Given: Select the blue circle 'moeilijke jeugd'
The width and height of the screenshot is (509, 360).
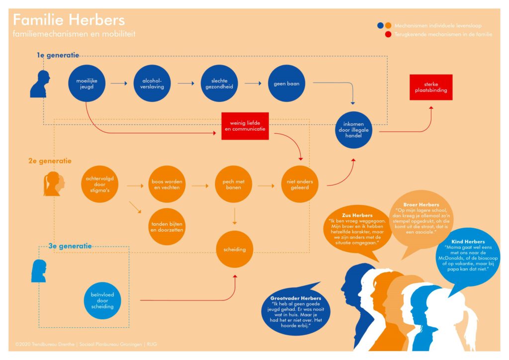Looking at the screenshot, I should [x=87, y=83].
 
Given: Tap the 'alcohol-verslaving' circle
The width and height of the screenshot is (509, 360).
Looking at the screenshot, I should [x=153, y=83].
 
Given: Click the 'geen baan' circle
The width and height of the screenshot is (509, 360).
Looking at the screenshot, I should [x=286, y=83].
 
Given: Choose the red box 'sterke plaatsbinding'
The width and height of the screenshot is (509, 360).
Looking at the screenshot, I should [x=431, y=87].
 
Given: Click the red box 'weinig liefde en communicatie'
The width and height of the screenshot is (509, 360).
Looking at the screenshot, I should [x=245, y=126].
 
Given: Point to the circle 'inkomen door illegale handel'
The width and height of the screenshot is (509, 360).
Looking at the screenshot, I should [x=353, y=130].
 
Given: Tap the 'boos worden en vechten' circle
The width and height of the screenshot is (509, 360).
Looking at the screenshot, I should [x=168, y=184].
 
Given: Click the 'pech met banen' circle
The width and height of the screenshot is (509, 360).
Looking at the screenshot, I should [x=234, y=184].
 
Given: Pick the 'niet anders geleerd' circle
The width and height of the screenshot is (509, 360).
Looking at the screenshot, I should [x=300, y=184].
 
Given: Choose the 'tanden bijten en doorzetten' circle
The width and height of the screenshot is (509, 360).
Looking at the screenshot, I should [x=168, y=227].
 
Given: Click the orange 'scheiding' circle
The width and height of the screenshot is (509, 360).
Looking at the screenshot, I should [x=235, y=249].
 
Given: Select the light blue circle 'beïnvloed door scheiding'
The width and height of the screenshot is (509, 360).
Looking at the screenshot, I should [x=103, y=300].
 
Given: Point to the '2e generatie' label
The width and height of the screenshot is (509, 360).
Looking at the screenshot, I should [x=50, y=161].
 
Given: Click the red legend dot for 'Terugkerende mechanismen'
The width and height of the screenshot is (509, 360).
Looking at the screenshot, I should [x=388, y=34].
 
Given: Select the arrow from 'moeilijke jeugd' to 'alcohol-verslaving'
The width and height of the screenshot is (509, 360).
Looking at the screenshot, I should [x=119, y=83].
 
